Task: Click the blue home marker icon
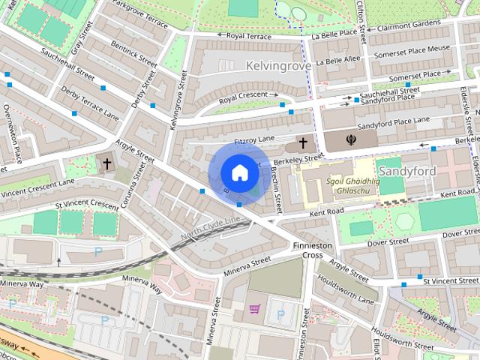coord(239,172)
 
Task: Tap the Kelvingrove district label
coord(278,67)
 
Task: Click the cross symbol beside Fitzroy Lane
coord(303,142)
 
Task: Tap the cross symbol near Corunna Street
coord(107,163)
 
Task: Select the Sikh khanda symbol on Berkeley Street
coord(349,139)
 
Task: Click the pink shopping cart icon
coord(255,308)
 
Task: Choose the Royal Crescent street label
coord(244,99)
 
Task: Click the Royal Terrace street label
coord(249,35)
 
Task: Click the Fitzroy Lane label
coord(255,140)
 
